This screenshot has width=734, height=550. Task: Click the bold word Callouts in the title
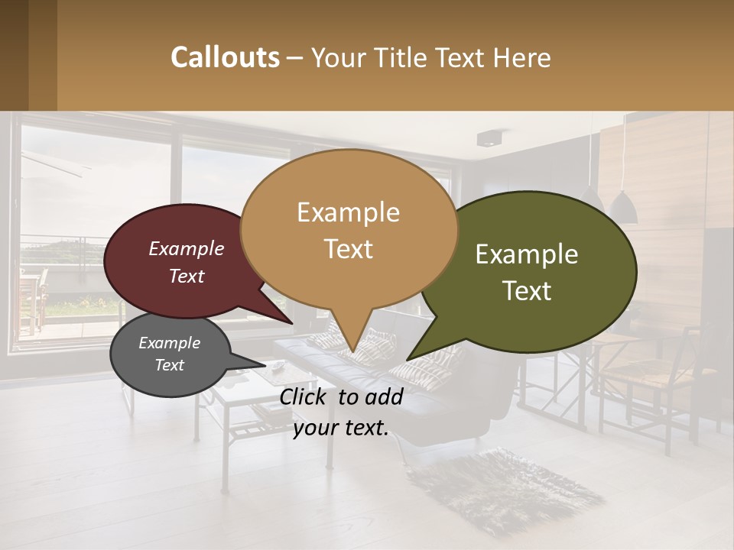point(225,57)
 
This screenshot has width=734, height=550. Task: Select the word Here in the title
point(522,57)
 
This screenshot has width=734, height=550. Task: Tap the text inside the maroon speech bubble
point(186,262)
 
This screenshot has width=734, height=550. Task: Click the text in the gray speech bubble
point(169,354)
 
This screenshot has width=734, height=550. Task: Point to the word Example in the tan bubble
point(348,212)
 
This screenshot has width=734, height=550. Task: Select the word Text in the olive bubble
point(527,291)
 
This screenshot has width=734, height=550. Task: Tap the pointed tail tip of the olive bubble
point(408,359)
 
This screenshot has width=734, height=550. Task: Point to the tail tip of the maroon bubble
point(292,324)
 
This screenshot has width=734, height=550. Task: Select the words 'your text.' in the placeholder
point(341,428)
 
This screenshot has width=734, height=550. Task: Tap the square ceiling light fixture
point(487,138)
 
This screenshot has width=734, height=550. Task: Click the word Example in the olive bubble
point(527,254)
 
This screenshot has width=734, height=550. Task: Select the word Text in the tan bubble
point(348,248)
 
